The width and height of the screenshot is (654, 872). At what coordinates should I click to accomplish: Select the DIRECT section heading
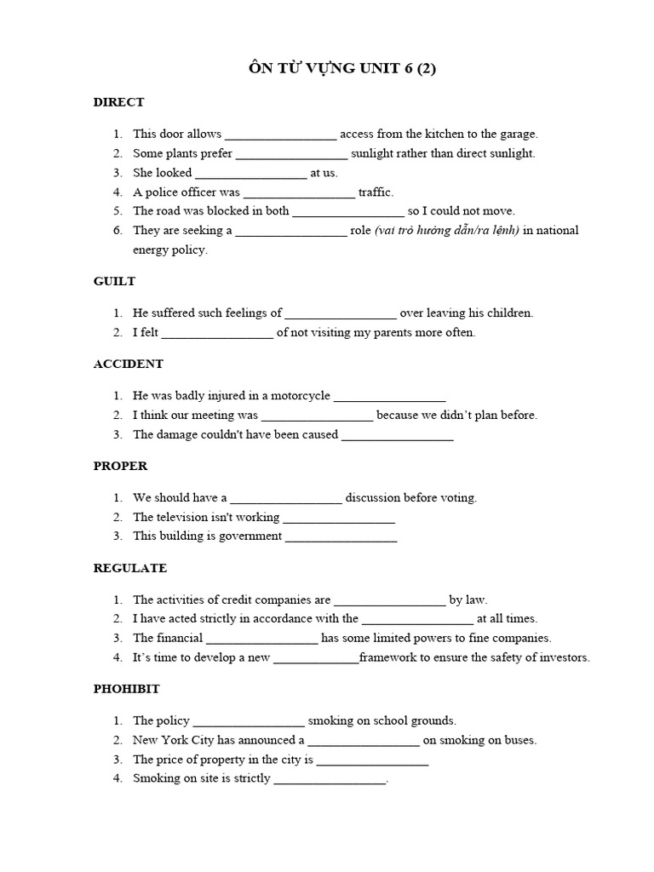coord(118,102)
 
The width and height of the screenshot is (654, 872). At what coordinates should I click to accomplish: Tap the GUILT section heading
coord(114,281)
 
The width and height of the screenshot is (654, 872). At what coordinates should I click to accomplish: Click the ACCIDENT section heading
coord(128,364)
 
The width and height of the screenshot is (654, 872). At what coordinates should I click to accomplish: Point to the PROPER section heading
coord(120,466)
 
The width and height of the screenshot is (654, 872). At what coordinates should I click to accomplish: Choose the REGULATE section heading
coord(129,568)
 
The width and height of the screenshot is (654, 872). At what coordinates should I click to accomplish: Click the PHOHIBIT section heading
coord(126,688)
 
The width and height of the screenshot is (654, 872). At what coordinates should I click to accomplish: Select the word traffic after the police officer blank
coord(376,192)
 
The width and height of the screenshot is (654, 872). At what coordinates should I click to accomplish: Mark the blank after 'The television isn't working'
coord(338,518)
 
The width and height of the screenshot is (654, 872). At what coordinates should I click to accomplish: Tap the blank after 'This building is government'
coord(341,537)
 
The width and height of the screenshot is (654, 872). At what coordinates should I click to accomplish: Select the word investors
coord(561,657)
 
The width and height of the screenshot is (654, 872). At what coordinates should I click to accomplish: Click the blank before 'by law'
coord(389,600)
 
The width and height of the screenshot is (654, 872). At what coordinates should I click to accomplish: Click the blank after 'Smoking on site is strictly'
coord(330,779)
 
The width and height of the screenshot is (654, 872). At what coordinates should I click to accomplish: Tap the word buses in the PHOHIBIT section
coord(519,740)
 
